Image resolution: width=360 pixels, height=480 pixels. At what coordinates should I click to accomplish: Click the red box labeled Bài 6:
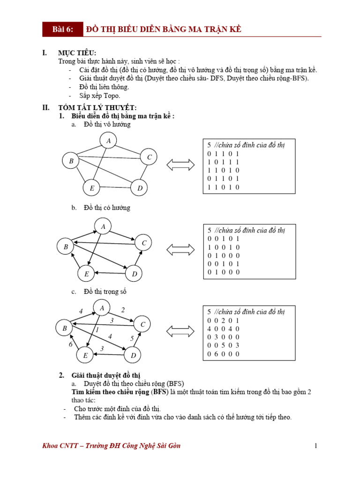[x=63, y=30]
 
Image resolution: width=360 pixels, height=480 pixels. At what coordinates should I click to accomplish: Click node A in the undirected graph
[x=108, y=141]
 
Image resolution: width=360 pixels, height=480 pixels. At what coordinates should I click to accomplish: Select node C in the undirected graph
[x=149, y=157]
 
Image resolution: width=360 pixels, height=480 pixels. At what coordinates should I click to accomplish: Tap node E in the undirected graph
[x=92, y=188]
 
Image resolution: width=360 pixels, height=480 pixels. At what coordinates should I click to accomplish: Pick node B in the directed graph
[x=66, y=247]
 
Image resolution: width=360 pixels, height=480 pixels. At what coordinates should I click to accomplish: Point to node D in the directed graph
[x=134, y=274]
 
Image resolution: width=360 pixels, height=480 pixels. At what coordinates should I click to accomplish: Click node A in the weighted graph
[x=102, y=308]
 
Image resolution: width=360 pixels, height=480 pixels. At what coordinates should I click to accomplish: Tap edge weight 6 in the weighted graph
[x=70, y=345]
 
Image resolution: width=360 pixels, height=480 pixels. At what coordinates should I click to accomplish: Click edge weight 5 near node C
[x=132, y=338]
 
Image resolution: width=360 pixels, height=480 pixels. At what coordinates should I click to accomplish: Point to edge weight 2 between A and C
[x=123, y=310]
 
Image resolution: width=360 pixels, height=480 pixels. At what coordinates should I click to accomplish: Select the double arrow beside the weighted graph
[x=180, y=332]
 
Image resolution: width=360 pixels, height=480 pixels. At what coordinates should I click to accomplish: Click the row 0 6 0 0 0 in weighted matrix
[x=224, y=354]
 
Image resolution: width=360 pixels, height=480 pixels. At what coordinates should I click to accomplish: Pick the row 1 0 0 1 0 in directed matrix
[x=224, y=247]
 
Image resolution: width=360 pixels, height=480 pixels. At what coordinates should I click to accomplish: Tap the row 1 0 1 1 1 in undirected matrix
[x=224, y=162]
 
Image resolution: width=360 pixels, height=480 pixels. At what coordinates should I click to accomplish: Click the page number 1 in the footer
[x=316, y=446]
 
